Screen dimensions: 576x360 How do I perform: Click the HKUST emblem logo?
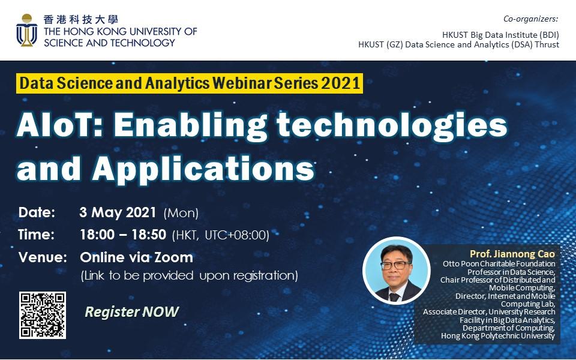coord(26,30)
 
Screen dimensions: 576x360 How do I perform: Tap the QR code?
coord(43,315)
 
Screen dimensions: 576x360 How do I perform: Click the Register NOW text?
coord(131,312)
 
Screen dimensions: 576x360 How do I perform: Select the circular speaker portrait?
coord(397,271)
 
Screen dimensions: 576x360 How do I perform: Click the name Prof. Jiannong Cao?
coord(512,254)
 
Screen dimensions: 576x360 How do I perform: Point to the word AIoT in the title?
coord(58,125)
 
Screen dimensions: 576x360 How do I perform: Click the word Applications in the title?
coord(203,169)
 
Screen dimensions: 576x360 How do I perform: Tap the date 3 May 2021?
coord(118,212)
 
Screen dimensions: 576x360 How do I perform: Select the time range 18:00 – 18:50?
coord(123,235)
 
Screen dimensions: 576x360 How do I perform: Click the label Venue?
coord(43,257)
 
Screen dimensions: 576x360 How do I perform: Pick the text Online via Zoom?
coord(137,257)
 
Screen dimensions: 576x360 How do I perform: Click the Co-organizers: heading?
coord(530,19)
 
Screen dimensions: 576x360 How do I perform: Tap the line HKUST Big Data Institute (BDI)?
coord(500,35)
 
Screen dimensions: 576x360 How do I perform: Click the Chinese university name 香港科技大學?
coord(80,19)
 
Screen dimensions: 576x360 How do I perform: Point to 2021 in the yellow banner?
coord(341,83)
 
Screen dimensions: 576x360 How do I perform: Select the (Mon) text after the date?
coord(181,213)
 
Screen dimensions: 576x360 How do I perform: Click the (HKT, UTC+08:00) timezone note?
coord(220,235)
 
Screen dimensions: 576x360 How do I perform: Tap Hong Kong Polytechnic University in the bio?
coord(498,336)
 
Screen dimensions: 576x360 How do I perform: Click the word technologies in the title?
coord(392,126)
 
